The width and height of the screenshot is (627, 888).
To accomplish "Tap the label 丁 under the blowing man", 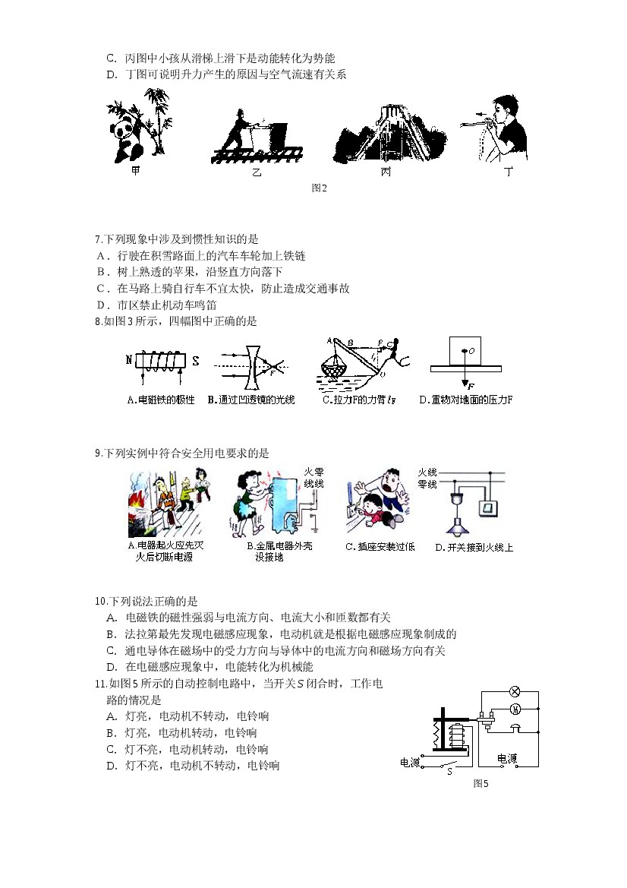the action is (x=509, y=172).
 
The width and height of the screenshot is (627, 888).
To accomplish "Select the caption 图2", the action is (x=319, y=188).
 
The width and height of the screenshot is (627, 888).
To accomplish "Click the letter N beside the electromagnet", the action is (x=129, y=359).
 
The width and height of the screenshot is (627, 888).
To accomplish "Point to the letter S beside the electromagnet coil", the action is (x=195, y=361).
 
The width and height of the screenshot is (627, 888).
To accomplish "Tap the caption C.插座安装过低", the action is (x=380, y=546).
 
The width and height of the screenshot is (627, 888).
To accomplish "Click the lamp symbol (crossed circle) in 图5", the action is (x=515, y=691).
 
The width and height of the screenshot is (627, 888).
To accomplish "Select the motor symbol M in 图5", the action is (x=515, y=709).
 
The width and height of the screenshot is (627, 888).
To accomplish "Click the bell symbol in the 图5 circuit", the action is (x=515, y=728).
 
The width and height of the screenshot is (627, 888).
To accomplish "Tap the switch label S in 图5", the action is (x=450, y=771).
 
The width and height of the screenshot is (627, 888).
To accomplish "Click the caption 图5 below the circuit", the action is (x=480, y=783).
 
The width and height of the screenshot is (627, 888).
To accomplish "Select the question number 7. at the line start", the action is (x=99, y=239).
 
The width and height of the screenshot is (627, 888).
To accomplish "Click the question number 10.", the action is (x=101, y=601).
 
